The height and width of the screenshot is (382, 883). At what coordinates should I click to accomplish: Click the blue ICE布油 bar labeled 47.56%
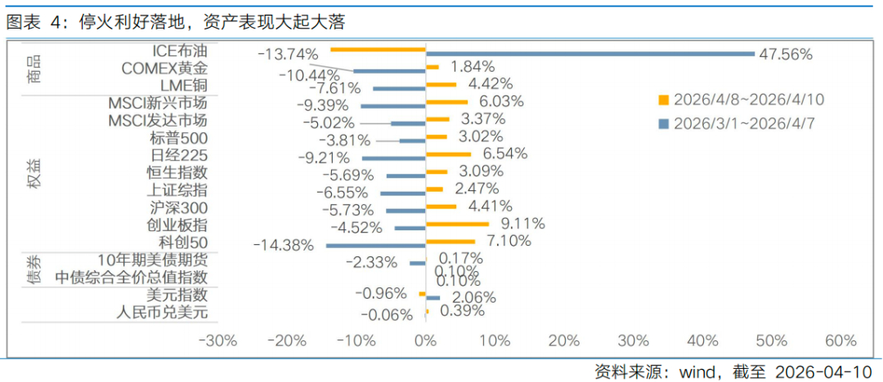tap(589, 54)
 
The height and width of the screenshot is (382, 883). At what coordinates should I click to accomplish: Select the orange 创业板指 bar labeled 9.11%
tap(457, 223)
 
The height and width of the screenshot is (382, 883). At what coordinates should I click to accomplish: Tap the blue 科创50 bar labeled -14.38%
tap(375, 245)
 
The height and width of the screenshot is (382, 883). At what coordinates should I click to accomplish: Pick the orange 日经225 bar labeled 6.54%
tap(448, 153)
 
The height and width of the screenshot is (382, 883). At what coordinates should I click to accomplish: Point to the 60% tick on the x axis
tap(840, 340)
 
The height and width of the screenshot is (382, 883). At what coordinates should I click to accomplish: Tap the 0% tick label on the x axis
tap(425, 340)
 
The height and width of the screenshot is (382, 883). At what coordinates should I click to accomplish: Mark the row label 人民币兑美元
tap(162, 312)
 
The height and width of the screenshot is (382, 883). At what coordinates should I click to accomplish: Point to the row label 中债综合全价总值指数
tap(131, 278)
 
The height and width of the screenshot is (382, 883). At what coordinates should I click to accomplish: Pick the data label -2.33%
tap(370, 262)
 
